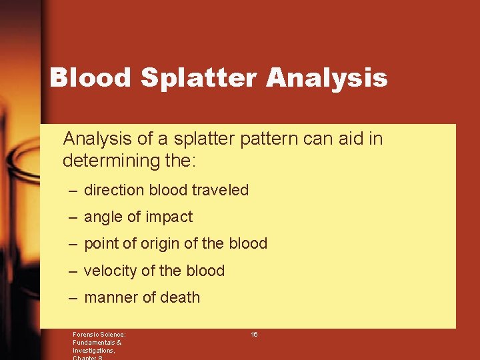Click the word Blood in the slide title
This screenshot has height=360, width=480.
point(91,78)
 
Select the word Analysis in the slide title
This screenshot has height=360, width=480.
point(327,78)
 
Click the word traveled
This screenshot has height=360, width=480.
point(220,190)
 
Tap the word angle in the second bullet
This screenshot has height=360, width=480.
point(103,217)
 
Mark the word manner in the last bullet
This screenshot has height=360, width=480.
point(111,297)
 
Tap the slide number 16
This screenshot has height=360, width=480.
point(254,334)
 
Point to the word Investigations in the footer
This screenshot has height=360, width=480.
point(93,350)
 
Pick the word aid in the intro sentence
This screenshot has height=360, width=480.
point(354,139)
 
